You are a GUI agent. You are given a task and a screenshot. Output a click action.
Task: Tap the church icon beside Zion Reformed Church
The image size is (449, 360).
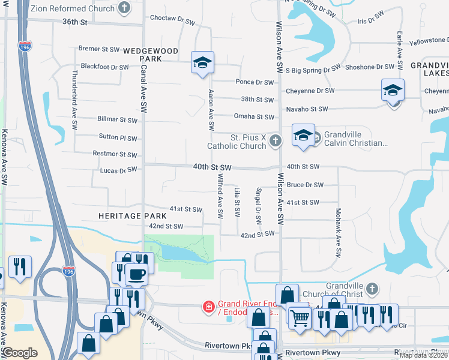[124, 8]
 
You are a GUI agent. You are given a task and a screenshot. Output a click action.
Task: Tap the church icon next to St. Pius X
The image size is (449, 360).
[275, 141]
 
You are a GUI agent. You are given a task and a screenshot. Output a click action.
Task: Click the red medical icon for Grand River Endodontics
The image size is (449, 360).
[208, 307]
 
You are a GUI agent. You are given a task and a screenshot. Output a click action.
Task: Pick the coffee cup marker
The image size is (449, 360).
[136, 274]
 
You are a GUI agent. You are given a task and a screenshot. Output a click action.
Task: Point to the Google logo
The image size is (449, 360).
[20, 353]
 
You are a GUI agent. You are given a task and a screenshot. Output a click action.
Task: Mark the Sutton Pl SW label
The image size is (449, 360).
[118, 137]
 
